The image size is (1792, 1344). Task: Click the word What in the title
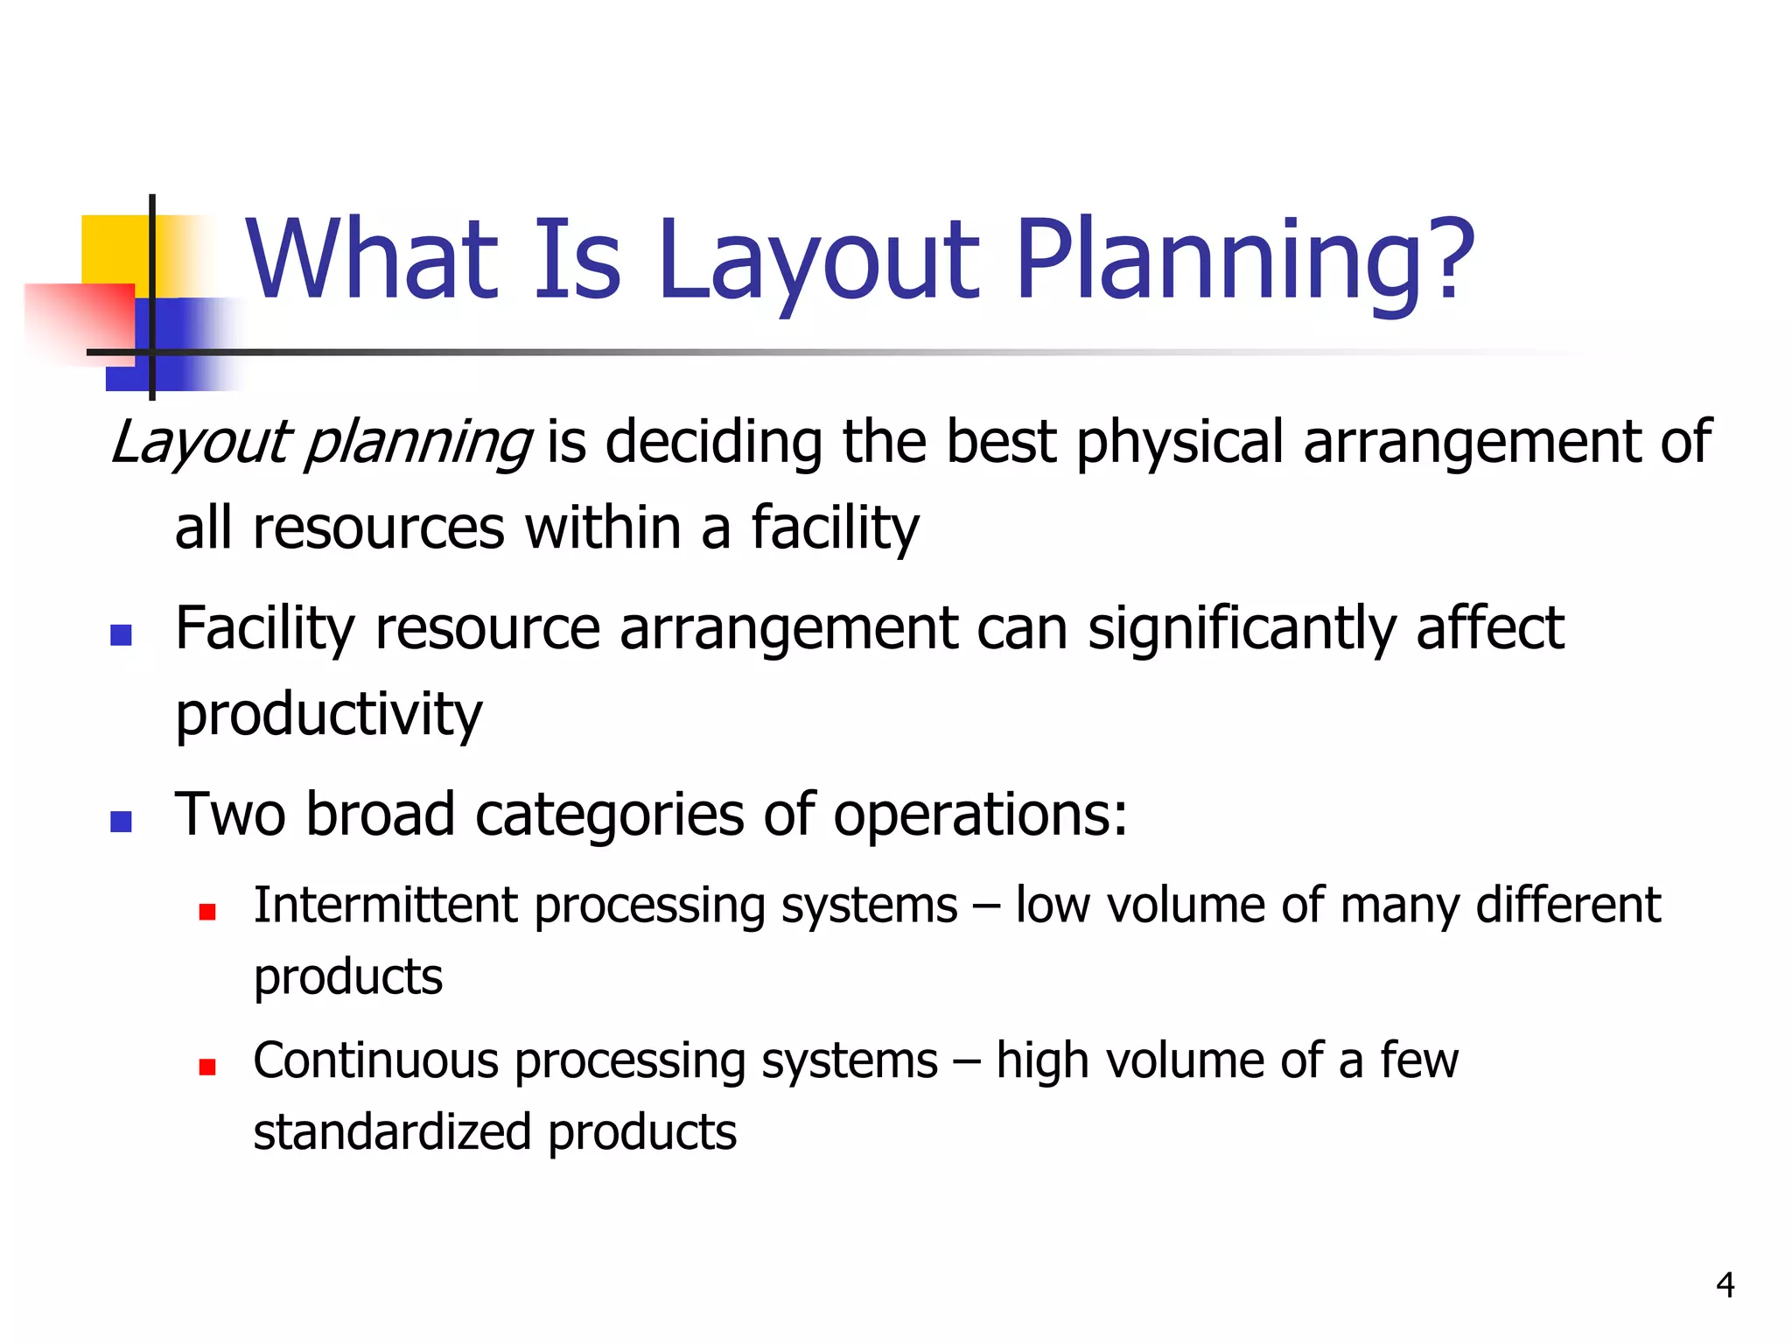tap(373, 259)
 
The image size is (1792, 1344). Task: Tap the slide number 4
tap(1725, 1284)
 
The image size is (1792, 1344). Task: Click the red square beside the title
tap(83, 319)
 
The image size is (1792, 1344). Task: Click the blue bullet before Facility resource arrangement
tap(121, 634)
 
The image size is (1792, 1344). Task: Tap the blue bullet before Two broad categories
tap(121, 821)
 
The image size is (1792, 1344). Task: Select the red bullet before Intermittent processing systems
tap(207, 913)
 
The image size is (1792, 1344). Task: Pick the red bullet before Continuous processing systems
tap(207, 1067)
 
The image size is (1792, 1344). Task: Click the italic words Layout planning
tap(320, 442)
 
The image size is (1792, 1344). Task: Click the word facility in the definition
tap(835, 529)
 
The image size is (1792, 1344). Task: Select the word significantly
tap(1242, 630)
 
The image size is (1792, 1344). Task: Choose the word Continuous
tap(375, 1060)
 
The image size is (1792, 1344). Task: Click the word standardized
tap(392, 1131)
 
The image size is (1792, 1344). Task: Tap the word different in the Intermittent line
tap(1568, 905)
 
